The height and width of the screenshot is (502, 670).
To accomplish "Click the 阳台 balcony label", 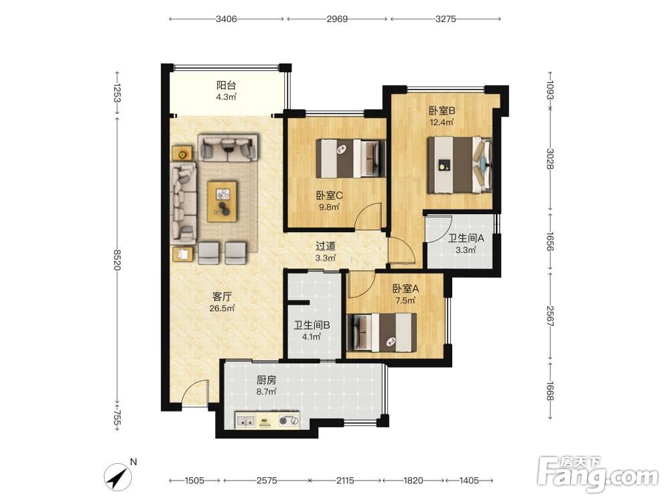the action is coord(226,85).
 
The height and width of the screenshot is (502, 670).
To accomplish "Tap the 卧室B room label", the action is coord(442,110).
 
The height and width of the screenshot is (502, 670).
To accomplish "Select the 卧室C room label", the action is coord(329,195).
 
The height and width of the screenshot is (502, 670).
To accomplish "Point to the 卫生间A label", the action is coord(466,238).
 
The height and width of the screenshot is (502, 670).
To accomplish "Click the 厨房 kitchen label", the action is coord(266,380).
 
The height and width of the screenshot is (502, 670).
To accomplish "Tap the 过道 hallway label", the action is coord(326,246).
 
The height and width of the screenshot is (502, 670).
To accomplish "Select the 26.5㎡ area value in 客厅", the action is coord(222,308).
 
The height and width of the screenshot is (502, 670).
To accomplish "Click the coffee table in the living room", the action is coord(222,201).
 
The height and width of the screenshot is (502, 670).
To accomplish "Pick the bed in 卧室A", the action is coord(382,333).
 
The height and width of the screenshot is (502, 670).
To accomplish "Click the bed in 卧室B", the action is coord(460,165).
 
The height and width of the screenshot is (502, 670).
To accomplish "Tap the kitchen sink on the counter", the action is coord(246,421).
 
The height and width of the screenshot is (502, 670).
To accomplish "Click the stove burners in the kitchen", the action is coord(288,421).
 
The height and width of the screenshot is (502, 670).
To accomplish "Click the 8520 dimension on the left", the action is coord(117,260).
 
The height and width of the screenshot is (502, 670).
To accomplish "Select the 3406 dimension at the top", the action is coord(226,19).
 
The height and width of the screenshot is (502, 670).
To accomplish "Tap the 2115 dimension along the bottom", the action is coord(345,481).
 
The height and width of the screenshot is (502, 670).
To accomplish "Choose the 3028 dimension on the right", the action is coord(550,159).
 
